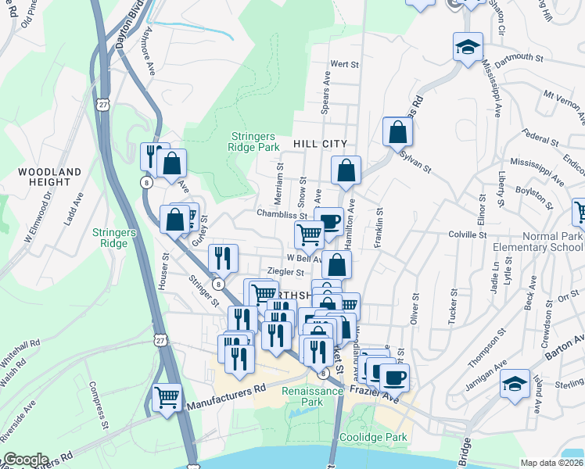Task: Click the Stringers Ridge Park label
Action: (254, 141)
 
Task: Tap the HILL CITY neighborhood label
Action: (320, 145)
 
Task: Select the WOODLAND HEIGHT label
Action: (50, 177)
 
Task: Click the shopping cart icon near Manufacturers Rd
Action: (167, 397)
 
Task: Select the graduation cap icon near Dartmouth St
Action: (468, 48)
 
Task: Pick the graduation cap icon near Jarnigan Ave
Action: (515, 384)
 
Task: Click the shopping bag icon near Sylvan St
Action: (397, 132)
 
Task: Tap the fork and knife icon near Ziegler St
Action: (223, 257)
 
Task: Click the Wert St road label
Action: (343, 64)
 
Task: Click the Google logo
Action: (25, 460)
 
